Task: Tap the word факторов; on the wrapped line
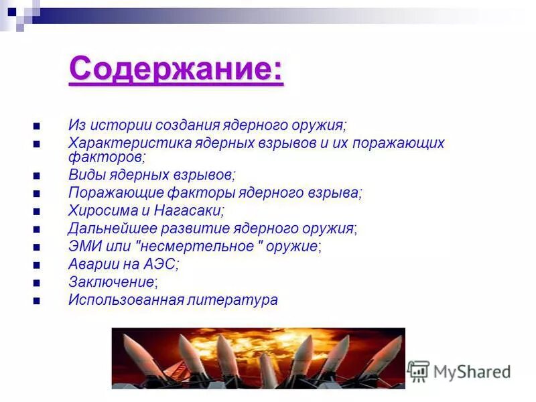point(106,157)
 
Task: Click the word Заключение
point(112,282)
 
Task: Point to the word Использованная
point(126,299)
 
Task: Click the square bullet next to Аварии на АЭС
point(36,265)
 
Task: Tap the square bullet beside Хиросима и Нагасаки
point(36,211)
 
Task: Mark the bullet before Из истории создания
point(36,126)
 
